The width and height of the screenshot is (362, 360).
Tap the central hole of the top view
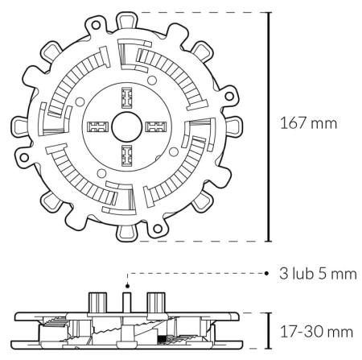(125, 127)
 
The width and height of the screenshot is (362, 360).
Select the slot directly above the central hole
(125, 99)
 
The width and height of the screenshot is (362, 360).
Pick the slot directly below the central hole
(125, 155)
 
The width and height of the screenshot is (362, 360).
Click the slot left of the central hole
(97, 127)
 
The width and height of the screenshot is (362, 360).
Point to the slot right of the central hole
(154, 127)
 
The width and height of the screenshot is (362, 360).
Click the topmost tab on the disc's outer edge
(126, 18)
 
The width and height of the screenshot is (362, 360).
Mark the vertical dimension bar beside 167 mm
(269, 126)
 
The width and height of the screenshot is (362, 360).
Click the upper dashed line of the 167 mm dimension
(201, 13)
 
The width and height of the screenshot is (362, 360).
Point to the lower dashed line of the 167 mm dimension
(201, 240)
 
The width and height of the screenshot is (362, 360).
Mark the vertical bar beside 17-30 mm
(269, 330)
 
